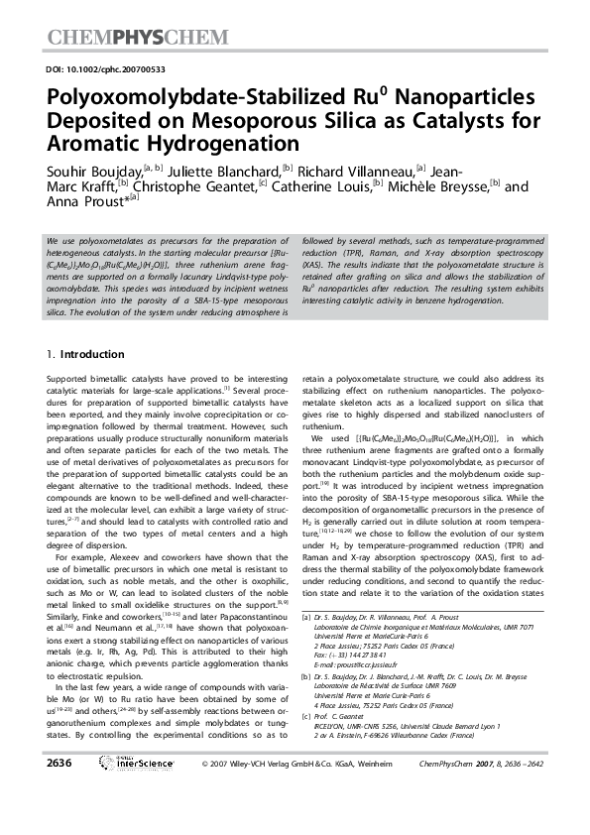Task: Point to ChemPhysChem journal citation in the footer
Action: coord(493,790)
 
